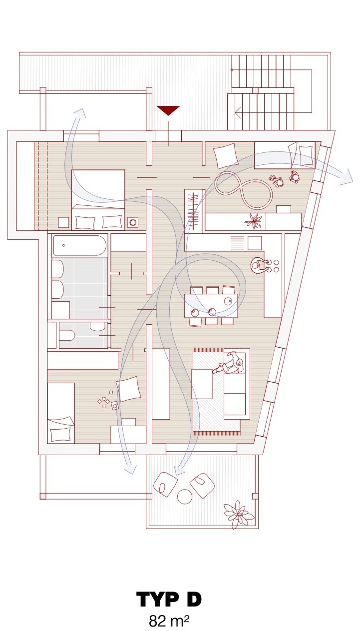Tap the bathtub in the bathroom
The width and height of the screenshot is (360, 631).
80,245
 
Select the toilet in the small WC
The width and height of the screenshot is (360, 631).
67,335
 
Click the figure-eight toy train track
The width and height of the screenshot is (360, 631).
244,189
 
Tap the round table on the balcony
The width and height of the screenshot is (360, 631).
185,496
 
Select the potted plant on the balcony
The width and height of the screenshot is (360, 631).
239,515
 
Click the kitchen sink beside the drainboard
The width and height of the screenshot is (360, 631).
255,243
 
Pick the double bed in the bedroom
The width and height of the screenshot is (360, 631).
98,199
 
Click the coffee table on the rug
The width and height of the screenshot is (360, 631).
202,384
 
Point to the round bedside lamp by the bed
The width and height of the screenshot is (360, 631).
133,222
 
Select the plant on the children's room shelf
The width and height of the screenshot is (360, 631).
255,220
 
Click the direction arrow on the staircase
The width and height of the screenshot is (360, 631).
238,113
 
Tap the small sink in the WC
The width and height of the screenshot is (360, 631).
97,326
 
